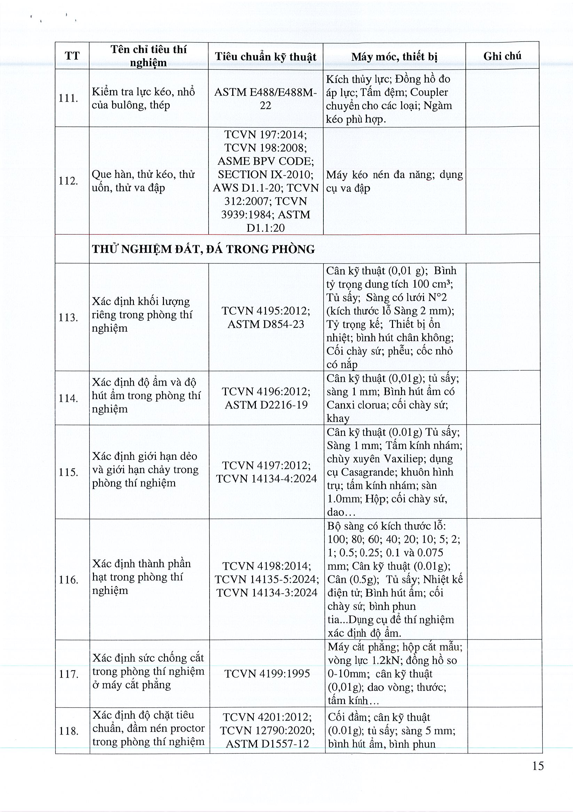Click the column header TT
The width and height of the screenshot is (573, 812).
pos(72,56)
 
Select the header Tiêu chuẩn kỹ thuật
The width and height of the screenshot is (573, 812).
pos(266,56)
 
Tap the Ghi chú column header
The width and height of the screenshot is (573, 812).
pos(502,56)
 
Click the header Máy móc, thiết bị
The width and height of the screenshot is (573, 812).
pos(394,56)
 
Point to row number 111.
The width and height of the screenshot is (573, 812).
pos(68,98)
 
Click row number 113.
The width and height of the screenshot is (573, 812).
pos(68,317)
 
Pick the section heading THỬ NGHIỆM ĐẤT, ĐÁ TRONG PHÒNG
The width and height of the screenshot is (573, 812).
pos(203,249)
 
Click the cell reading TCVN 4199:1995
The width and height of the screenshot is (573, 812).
pos(267,673)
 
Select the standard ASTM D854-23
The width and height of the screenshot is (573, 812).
pos(266,324)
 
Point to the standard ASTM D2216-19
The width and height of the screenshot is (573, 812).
pos(266,404)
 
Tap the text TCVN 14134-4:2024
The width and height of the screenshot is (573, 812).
pos(267,479)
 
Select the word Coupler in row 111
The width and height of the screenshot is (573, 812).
pos(429,92)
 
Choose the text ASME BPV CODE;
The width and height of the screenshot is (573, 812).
pos(266,161)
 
